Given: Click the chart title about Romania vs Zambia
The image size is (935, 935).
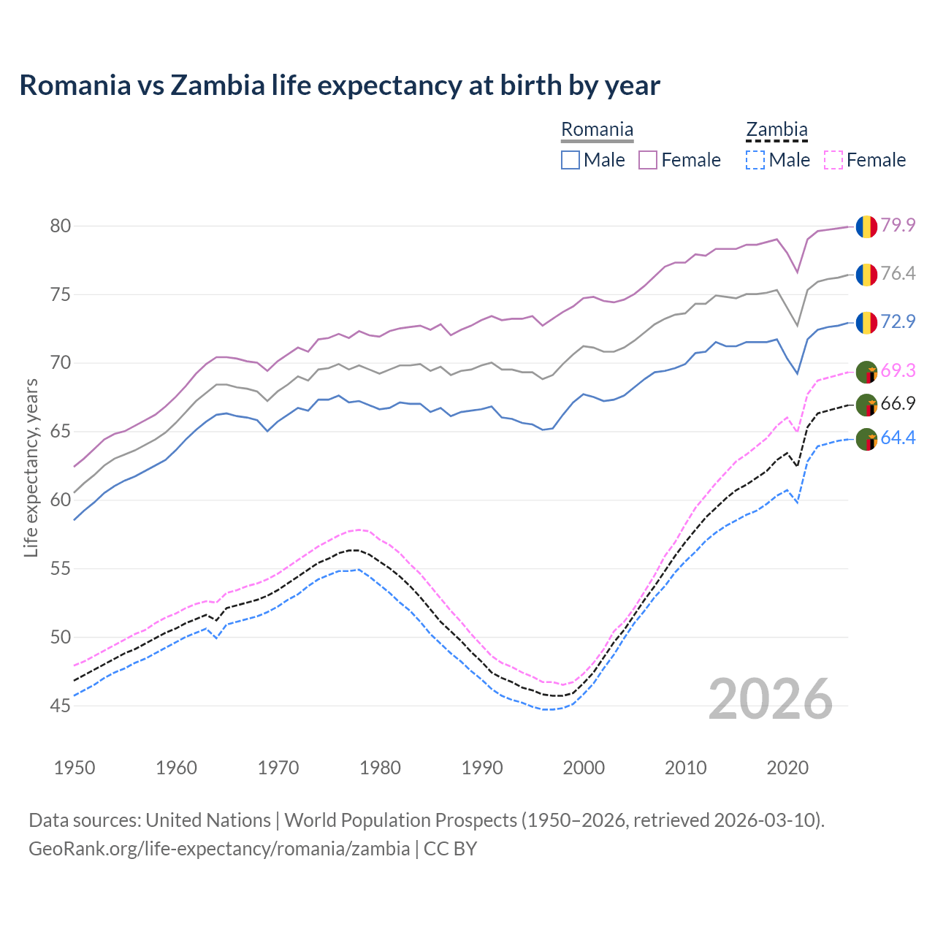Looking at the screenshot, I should click(x=340, y=85).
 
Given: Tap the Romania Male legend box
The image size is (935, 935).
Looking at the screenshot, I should click(x=570, y=160).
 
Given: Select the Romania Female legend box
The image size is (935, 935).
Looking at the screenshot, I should click(x=648, y=160).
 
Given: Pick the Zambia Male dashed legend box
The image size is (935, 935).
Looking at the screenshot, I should click(x=755, y=160).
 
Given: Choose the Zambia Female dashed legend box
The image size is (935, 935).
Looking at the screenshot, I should click(x=833, y=160).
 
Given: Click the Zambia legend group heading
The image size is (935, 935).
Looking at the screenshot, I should click(x=776, y=130).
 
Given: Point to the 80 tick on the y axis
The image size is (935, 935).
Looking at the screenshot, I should click(x=61, y=226).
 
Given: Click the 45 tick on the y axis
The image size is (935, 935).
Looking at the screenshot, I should click(x=61, y=706).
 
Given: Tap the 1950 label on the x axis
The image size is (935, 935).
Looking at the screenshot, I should click(x=75, y=768).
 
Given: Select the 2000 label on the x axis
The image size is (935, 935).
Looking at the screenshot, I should click(x=584, y=768).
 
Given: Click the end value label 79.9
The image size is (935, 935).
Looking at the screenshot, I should click(x=898, y=225).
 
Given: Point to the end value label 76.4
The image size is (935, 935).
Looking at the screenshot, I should click(x=898, y=273).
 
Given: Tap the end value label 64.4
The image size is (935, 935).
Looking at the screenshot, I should click(x=898, y=438).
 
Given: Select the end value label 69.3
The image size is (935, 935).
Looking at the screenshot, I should click(x=898, y=370).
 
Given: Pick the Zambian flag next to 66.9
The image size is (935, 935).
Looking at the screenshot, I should click(x=866, y=405).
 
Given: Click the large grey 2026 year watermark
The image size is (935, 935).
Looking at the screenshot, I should click(x=771, y=699).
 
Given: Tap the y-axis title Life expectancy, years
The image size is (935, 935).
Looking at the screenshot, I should click(x=31, y=467).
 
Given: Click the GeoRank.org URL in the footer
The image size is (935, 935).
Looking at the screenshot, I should click(x=219, y=849).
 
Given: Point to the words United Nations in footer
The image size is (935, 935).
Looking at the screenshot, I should click(x=208, y=820).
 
